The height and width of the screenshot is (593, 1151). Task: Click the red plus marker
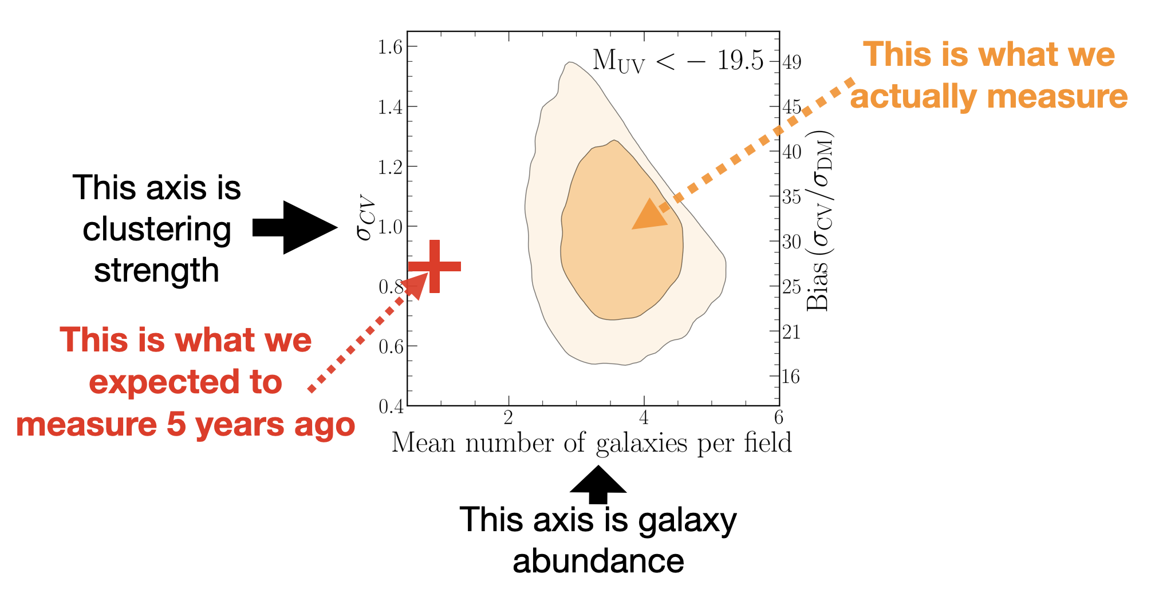click(x=435, y=266)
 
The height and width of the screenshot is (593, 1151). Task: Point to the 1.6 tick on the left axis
click(x=391, y=47)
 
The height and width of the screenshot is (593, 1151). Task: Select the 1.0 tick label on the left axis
click(x=391, y=227)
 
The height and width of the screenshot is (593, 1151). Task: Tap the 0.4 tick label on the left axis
click(x=391, y=406)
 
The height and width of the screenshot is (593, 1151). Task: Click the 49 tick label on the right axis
click(x=792, y=62)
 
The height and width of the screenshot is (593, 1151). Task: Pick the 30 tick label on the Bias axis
click(x=792, y=242)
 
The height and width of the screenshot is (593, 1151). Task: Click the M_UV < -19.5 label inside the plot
click(x=678, y=61)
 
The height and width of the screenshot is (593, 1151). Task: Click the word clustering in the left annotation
click(x=157, y=230)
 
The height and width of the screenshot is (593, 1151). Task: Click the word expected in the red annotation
click(x=186, y=382)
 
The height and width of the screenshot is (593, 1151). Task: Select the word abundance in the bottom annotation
click(x=598, y=561)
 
